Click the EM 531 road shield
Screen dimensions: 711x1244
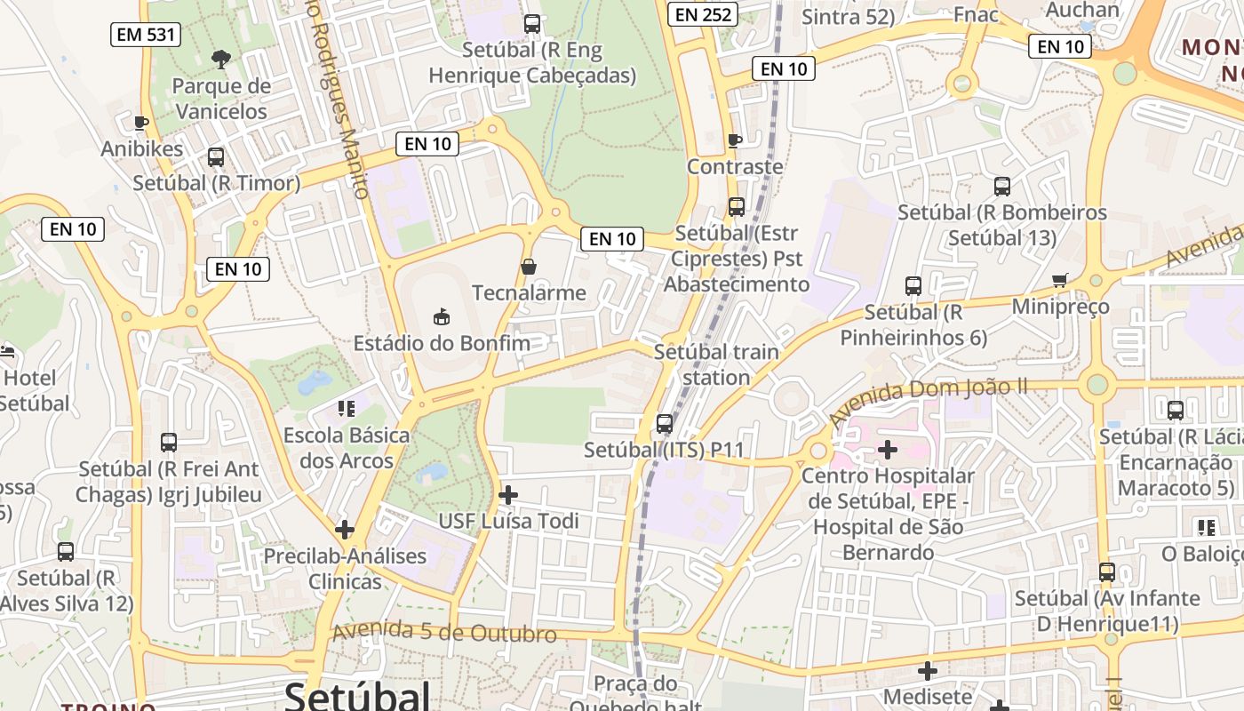point(146,35)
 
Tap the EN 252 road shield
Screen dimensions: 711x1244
point(702,13)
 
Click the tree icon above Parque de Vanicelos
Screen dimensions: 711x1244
point(220,60)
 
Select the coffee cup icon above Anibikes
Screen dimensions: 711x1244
point(140,122)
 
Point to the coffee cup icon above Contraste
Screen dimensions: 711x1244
point(734,140)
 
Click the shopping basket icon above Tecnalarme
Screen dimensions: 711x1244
point(529,266)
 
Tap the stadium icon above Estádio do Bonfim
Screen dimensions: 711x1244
point(441,316)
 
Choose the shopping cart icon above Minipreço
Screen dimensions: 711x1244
point(1059,280)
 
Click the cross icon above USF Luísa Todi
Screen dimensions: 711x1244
point(508,494)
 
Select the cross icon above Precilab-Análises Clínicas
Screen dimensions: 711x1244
point(344,530)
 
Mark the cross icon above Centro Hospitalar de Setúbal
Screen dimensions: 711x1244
point(887,450)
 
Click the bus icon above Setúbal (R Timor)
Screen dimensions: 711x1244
point(215,157)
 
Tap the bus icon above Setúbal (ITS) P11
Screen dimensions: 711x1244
point(664,423)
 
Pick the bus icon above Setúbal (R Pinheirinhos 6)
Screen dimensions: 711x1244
point(913,285)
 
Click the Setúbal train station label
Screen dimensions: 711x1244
point(716,364)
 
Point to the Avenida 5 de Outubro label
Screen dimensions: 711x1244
point(444,633)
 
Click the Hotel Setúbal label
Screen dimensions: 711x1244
point(34,390)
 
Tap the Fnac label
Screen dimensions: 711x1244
point(976,15)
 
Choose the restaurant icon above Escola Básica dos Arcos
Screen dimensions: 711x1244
point(346,408)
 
